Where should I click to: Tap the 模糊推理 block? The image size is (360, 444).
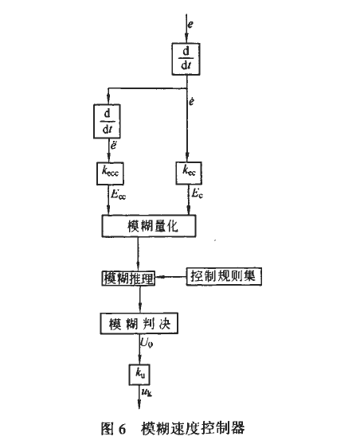[x=128, y=278]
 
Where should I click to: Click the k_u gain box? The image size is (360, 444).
[x=139, y=372]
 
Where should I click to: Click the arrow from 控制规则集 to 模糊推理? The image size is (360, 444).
[x=171, y=278]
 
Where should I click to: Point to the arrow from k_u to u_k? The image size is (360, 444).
[x=139, y=393]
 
